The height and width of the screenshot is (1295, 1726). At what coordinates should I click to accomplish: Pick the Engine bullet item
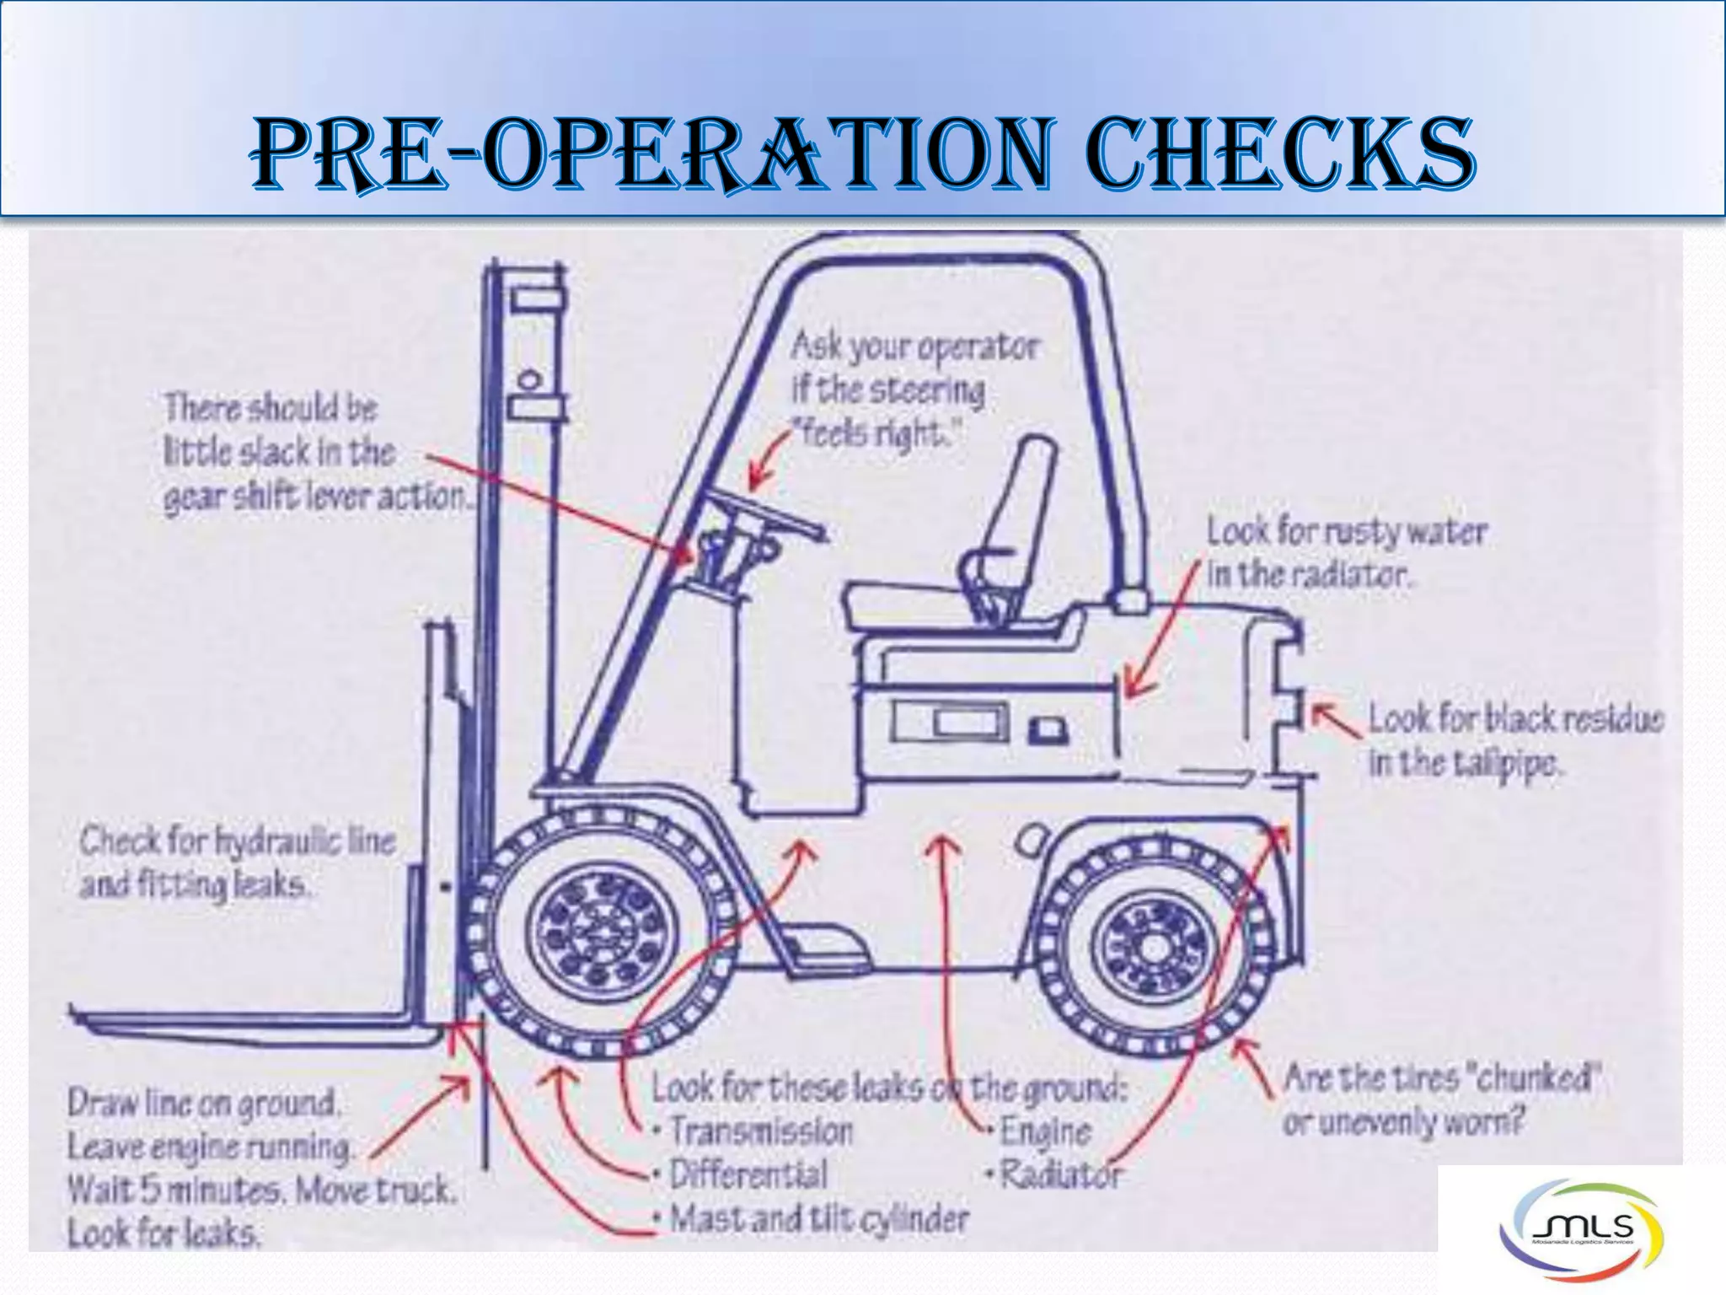tap(1045, 1131)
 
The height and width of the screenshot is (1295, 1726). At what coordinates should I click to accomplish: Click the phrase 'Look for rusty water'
tap(1346, 532)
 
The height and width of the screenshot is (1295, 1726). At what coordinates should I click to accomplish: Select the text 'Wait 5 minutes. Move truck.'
tap(262, 1190)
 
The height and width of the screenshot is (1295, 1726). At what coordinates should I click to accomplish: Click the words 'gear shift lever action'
tap(316, 497)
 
